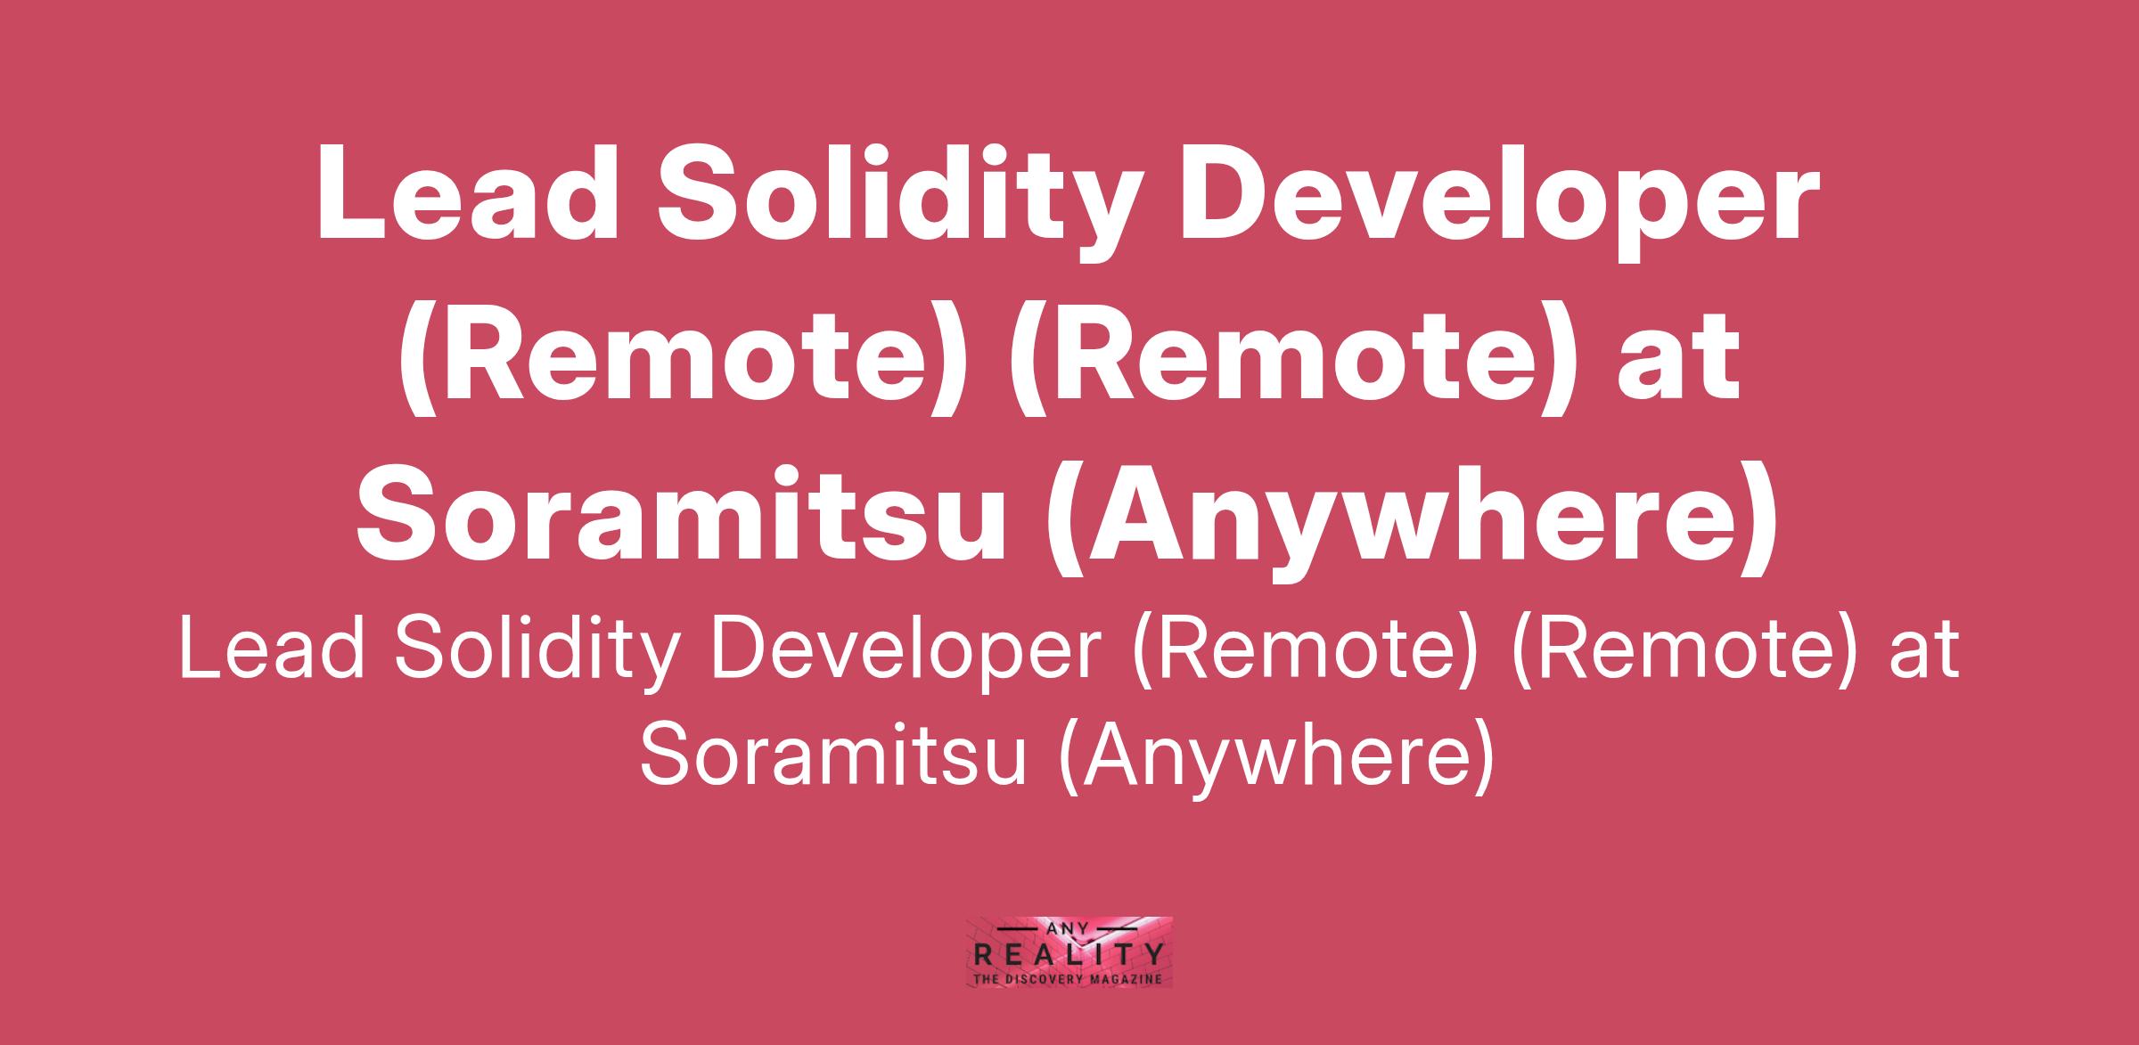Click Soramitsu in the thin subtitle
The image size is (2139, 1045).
[x=832, y=754]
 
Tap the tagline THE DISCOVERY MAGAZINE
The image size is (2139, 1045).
[x=1069, y=979]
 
